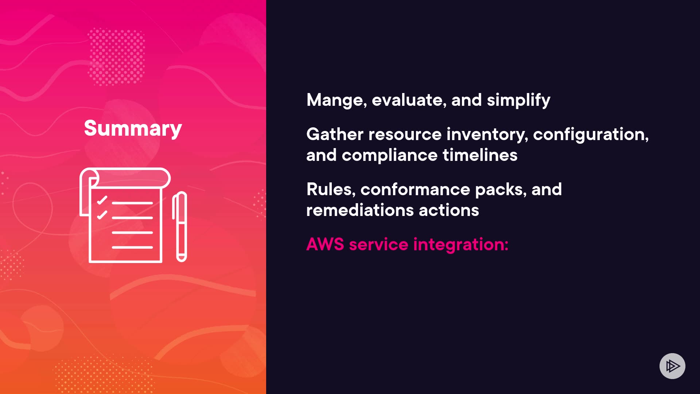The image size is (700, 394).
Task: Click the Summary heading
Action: tap(133, 128)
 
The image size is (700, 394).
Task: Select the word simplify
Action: tap(518, 100)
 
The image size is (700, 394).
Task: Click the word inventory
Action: tap(487, 135)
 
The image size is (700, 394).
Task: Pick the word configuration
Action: tap(591, 135)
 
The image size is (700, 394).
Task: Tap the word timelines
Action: tap(480, 155)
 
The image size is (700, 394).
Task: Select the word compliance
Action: tap(389, 155)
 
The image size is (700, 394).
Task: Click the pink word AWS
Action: tap(325, 244)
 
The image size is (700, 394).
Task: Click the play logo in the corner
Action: tap(672, 366)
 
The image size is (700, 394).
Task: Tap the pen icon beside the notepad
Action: tap(180, 227)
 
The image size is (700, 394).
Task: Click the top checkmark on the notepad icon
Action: tap(102, 200)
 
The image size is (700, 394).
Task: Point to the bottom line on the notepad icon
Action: tap(132, 247)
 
